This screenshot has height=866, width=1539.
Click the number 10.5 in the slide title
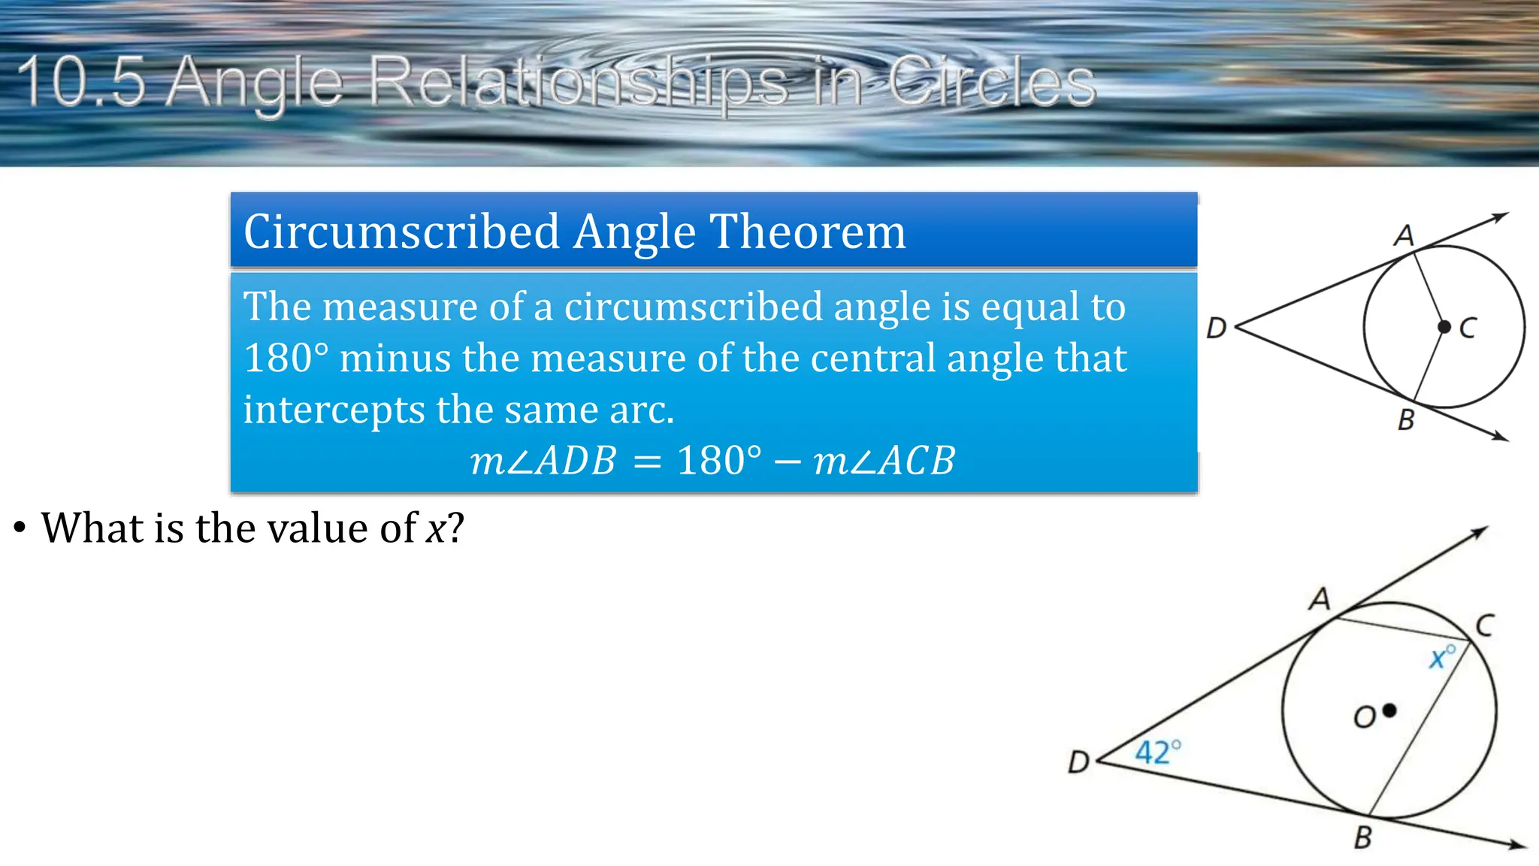pos(81,81)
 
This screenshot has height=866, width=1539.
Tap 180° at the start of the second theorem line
pos(286,358)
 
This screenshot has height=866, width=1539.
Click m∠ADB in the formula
pos(543,461)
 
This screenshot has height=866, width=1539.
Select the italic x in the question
pos(436,528)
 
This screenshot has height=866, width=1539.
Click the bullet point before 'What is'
pos(20,528)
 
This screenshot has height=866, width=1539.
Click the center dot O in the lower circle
pos(1389,710)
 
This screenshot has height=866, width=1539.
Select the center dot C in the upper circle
pos(1444,327)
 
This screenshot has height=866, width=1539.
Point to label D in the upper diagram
pos(1216,328)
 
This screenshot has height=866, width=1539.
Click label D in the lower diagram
pos(1078,762)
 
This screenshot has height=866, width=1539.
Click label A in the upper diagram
pos(1404,235)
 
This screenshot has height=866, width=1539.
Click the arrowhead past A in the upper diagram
pos(1501,217)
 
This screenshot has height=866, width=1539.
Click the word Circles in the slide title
pos(992,81)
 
